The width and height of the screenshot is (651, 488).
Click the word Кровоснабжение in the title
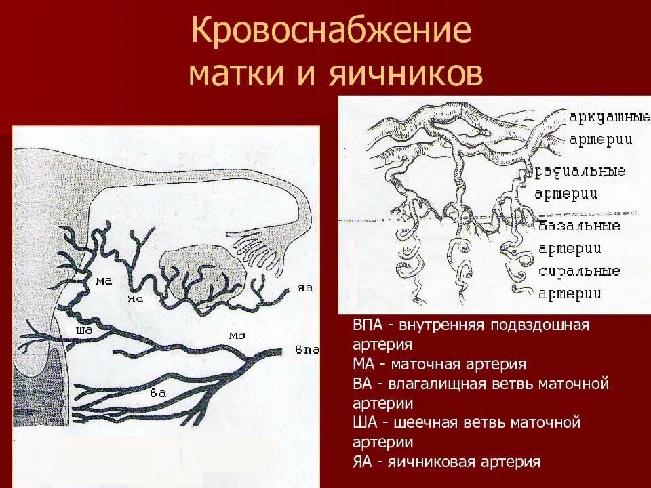tap(331, 32)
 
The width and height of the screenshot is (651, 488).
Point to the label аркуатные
tap(605, 117)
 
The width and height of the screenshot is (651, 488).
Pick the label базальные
tap(580, 226)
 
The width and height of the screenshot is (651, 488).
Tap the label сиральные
tap(580, 271)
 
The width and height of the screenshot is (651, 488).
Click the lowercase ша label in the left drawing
tap(85, 331)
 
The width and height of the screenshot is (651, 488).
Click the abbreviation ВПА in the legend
tap(367, 325)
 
